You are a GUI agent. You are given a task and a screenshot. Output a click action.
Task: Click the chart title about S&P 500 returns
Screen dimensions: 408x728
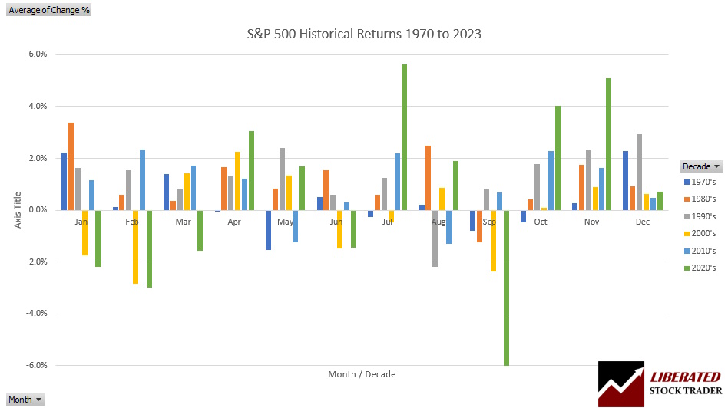point(364,35)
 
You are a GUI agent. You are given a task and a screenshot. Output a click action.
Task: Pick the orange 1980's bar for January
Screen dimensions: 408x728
point(71,166)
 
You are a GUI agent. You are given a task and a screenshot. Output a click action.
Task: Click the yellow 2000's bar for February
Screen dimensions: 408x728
point(135,246)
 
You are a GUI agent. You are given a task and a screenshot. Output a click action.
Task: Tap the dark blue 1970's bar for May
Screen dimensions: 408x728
point(268,229)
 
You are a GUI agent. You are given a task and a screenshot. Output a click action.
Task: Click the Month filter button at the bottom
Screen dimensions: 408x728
point(25,400)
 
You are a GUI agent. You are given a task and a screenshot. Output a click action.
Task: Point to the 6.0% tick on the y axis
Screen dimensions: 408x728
point(38,54)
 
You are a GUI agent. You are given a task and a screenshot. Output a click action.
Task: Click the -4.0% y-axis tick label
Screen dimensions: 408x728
point(36,313)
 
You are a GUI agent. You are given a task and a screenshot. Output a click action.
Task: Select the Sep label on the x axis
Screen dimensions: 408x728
point(489,222)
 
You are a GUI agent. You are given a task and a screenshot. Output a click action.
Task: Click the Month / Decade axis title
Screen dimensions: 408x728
point(362,374)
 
